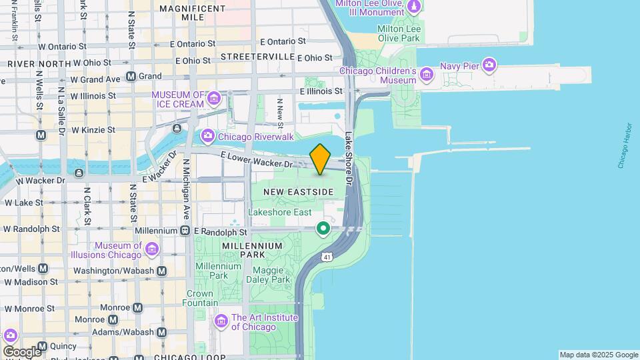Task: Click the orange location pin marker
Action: pos(321,159)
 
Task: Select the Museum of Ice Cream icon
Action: pos(214,99)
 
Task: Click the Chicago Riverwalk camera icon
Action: pos(208,137)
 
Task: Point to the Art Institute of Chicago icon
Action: pos(221,322)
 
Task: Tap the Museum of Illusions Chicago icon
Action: pos(153,249)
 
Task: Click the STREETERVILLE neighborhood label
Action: pos(257,57)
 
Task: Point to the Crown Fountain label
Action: pos(199,298)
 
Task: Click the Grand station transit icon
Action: pos(131,77)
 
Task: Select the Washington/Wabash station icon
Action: pos(161,271)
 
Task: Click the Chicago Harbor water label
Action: pos(624,145)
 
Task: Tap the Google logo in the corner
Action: pos(21,351)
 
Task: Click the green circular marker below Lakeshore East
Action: pos(323,229)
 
